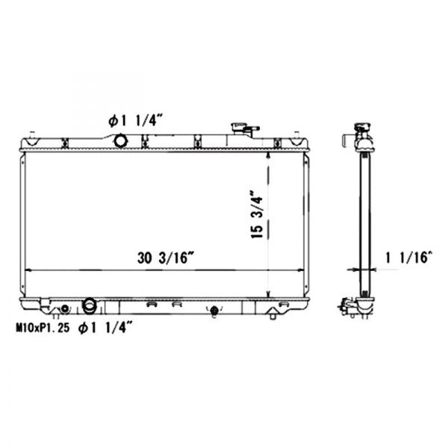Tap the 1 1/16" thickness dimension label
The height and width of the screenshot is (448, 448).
[x=408, y=258]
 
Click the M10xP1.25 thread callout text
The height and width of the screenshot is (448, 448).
[x=43, y=328]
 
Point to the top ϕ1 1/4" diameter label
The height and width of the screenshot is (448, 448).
[x=135, y=121]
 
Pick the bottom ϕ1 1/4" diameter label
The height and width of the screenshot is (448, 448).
[x=105, y=328]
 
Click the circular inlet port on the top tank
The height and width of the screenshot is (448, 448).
[x=120, y=140]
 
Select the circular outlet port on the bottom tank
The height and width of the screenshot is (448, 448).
[x=90, y=305]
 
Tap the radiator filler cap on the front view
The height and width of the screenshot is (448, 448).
[x=245, y=129]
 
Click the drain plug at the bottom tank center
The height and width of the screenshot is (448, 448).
[x=214, y=311]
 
